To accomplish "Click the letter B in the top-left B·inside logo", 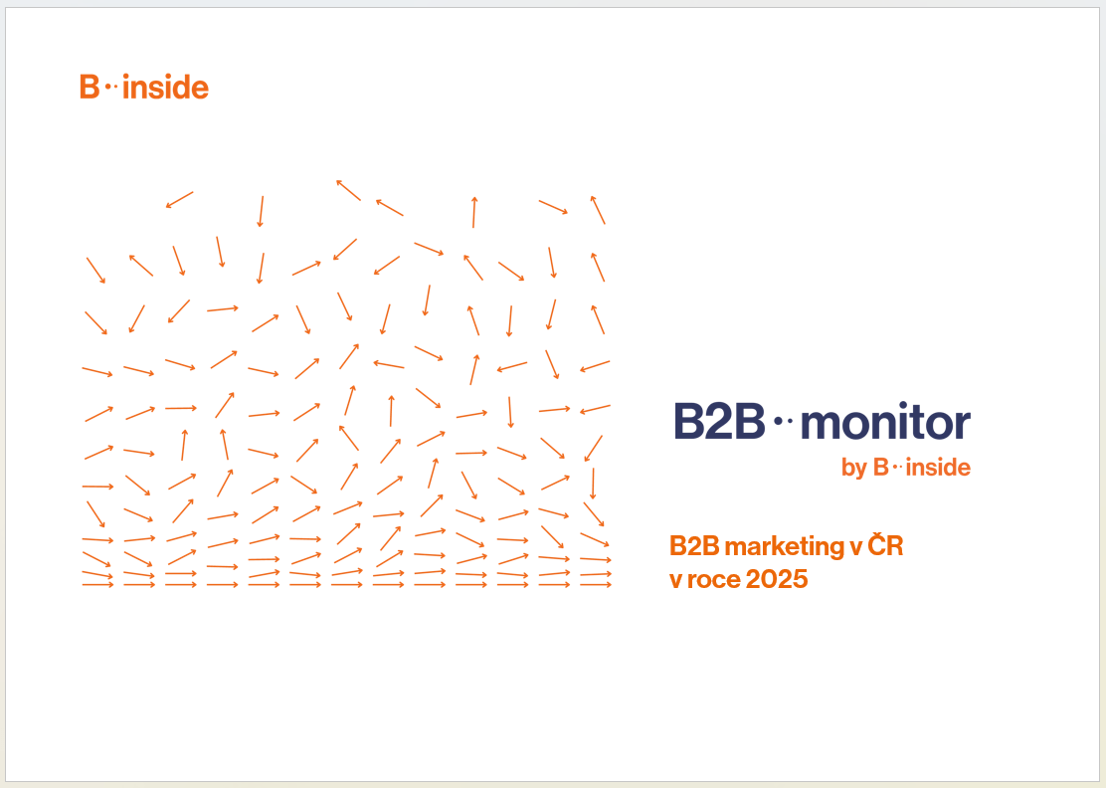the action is (90, 87).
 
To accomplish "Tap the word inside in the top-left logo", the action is (166, 87).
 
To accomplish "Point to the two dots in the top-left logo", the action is (111, 88).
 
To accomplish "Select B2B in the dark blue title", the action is (719, 421).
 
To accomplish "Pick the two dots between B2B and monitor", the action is (784, 421).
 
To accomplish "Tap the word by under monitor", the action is (854, 468).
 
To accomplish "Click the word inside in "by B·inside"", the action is (938, 467).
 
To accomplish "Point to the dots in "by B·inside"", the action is (897, 467).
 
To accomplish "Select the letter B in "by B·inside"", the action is (881, 467).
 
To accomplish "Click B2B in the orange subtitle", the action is (694, 546).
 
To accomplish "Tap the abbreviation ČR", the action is (885, 544).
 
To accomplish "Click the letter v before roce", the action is (675, 581).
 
